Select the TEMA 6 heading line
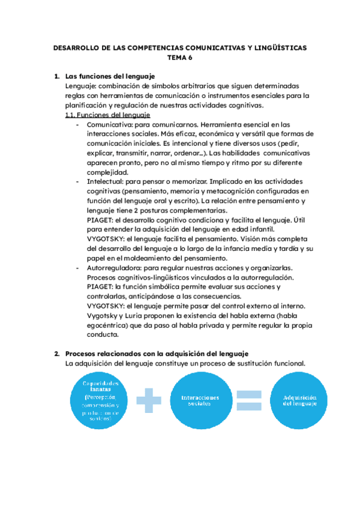(x=179, y=58)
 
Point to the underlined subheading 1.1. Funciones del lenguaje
(x=107, y=115)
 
